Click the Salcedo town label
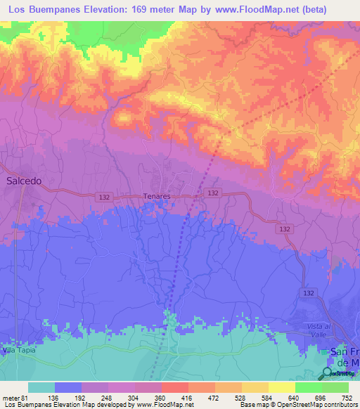coord(25,181)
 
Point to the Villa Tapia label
coord(17,349)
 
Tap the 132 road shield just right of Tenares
coord(212,193)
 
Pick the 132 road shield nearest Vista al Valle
coord(308,292)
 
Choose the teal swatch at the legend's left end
coord(41,387)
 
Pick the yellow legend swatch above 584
coord(255,387)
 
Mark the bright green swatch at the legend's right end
coord(335,387)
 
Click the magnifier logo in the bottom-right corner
coord(326,372)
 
